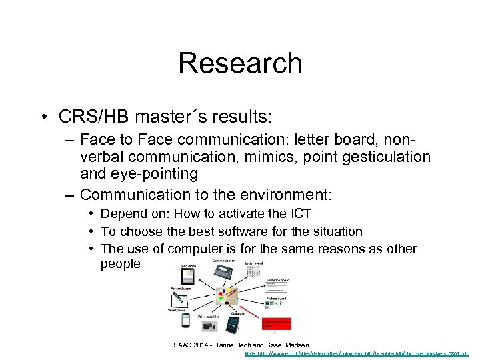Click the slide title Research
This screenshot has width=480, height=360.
coord(240,63)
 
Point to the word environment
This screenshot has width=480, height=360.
coord(289,195)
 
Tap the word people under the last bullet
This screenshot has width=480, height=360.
coord(121,264)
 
